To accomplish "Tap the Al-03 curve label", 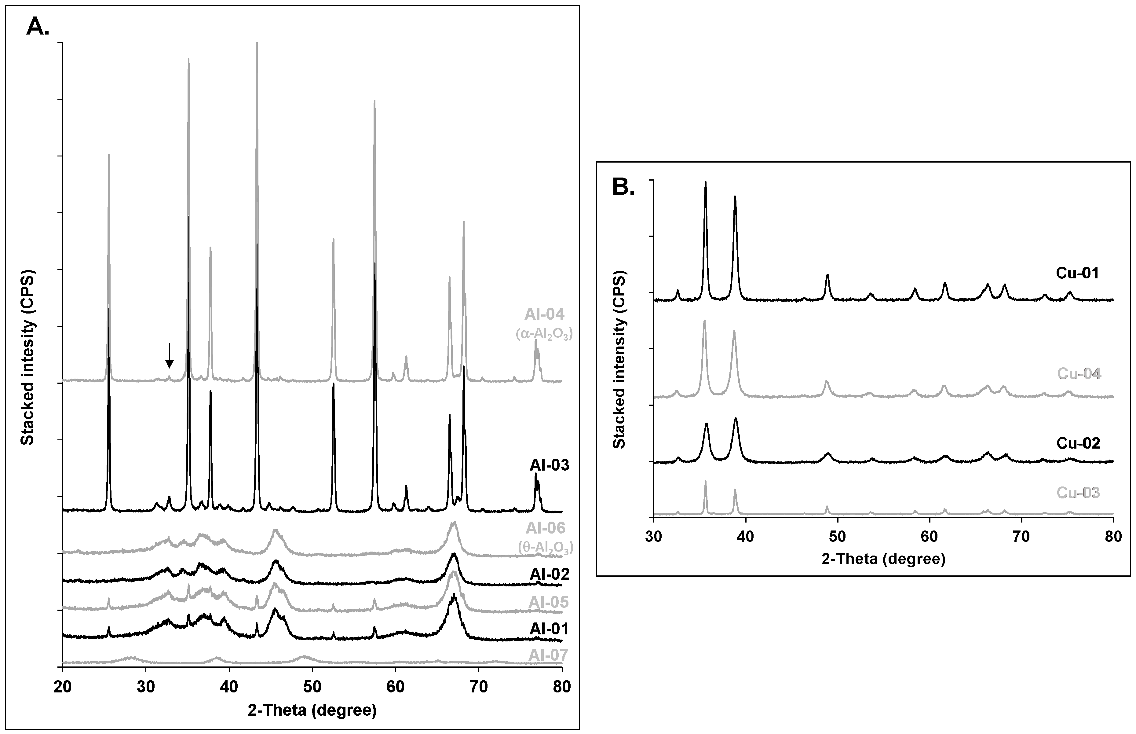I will point(549,465).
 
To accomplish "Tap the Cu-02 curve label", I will point(1078,443).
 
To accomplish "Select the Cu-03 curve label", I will point(1078,493).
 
